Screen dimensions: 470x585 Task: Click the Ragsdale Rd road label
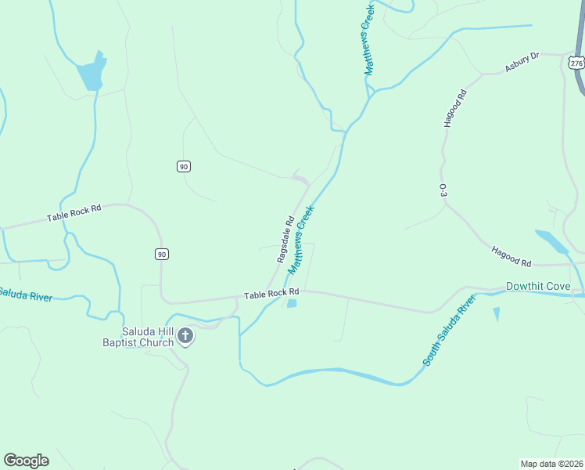click(285, 239)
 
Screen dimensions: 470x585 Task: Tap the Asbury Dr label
click(522, 62)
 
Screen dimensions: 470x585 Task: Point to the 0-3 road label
click(443, 190)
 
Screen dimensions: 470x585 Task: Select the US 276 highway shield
click(576, 63)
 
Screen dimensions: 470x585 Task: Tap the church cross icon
click(185, 337)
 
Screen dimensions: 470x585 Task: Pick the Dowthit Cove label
click(538, 286)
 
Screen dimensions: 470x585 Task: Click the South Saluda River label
click(450, 331)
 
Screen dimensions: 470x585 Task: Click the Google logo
click(26, 460)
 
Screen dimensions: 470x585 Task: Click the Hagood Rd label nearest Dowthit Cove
click(511, 256)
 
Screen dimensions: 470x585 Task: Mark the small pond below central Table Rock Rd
click(292, 304)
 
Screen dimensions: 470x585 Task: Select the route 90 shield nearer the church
click(161, 254)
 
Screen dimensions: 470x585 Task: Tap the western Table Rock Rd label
click(74, 212)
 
